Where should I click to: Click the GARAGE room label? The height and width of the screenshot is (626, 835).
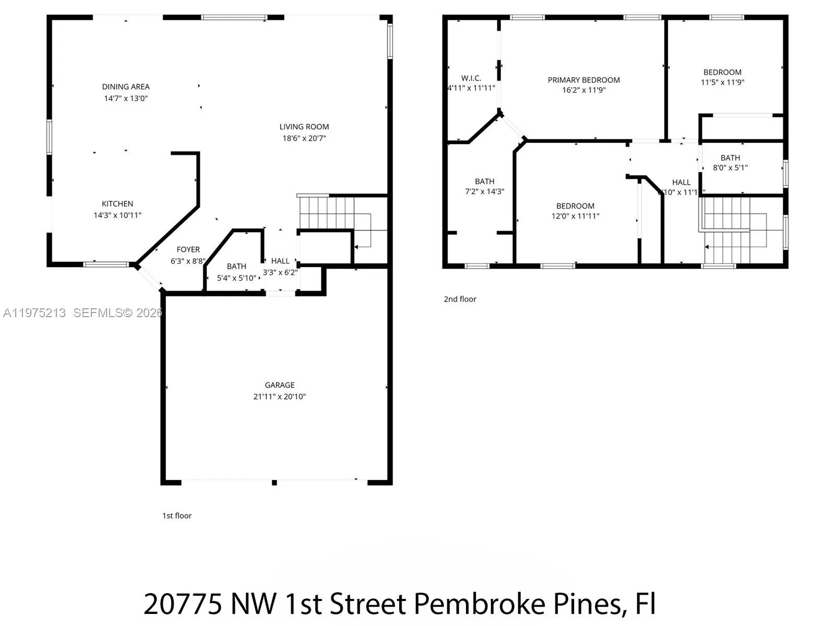[279, 385]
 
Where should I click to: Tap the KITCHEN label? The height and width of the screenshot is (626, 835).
[117, 203]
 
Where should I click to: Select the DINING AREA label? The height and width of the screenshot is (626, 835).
[126, 87]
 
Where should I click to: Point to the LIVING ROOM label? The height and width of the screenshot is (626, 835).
[304, 127]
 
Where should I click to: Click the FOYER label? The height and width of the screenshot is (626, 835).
[188, 249]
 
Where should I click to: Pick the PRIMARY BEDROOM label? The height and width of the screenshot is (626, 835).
[583, 80]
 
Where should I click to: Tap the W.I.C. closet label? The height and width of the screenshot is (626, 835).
[471, 78]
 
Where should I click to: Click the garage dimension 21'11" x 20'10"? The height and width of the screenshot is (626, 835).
[279, 396]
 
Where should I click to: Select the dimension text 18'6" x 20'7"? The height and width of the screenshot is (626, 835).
[304, 138]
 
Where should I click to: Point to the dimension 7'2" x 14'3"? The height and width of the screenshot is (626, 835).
[484, 191]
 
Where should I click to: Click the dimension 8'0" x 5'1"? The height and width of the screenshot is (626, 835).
[730, 168]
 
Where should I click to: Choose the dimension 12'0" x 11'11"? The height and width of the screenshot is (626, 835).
[575, 216]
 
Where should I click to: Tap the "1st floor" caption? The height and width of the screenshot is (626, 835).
[177, 515]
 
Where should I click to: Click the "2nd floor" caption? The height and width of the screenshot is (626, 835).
[460, 299]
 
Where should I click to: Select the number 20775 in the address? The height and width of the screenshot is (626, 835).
[183, 604]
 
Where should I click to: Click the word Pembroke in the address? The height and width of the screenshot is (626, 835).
[480, 604]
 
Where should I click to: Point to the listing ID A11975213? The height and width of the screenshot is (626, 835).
[34, 313]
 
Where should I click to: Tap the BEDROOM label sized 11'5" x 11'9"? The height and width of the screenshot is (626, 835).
[722, 72]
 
